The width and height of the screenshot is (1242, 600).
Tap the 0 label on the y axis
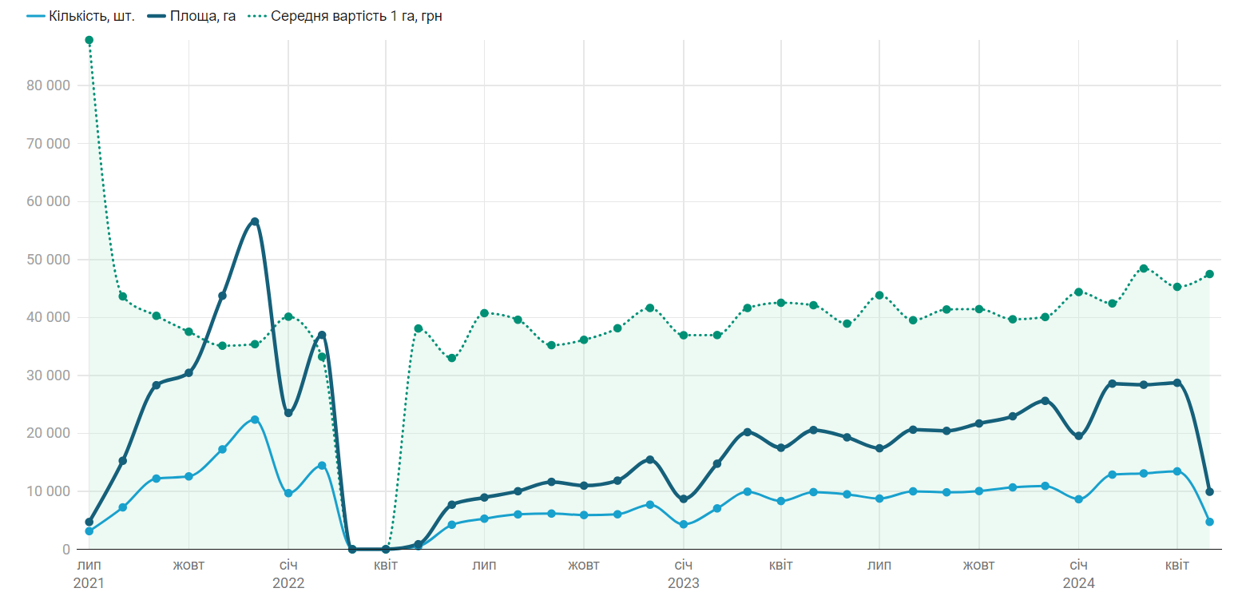[65, 550]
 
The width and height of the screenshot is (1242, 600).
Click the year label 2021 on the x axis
[89, 583]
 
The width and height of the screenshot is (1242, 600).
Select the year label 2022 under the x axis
[288, 583]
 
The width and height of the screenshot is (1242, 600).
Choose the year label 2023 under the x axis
[684, 583]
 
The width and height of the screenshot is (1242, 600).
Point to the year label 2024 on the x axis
[1078, 583]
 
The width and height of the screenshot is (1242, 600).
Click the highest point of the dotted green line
[89, 40]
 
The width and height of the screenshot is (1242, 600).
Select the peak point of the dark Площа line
[255, 221]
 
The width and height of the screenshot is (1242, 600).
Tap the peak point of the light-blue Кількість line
[255, 419]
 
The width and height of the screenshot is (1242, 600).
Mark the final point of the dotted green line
[1209, 274]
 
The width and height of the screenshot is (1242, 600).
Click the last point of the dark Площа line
[1209, 492]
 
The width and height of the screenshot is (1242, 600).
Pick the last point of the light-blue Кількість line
[1209, 522]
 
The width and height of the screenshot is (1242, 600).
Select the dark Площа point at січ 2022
[288, 413]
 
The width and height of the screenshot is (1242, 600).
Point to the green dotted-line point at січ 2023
[684, 335]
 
